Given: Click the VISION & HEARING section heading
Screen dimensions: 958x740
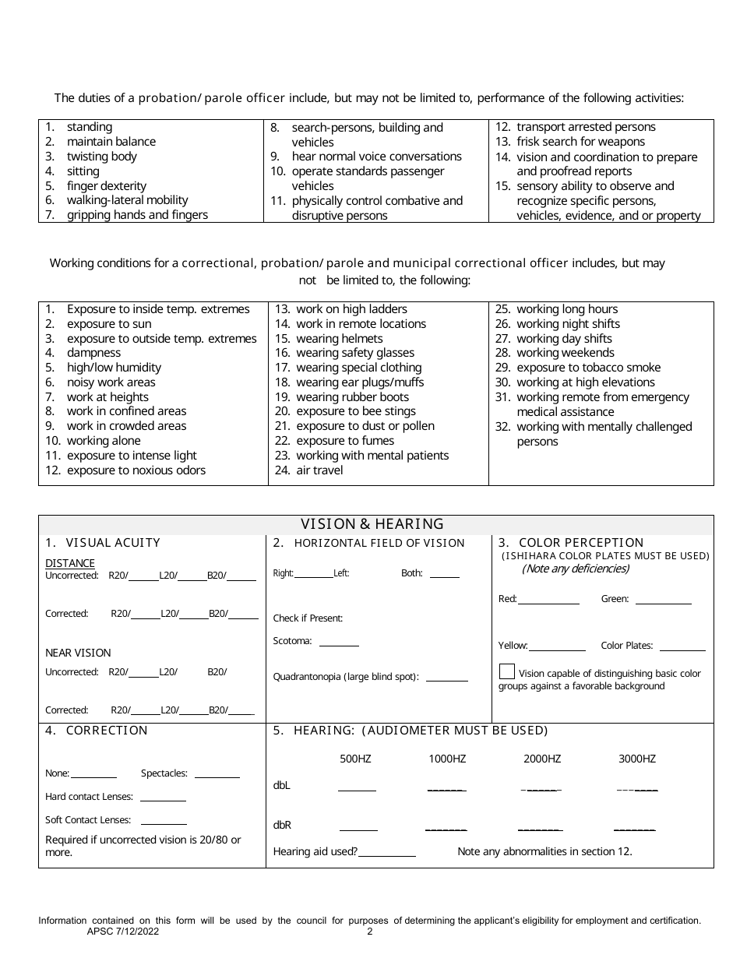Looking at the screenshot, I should point(372,524).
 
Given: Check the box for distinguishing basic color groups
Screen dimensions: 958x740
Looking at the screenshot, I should point(506,671).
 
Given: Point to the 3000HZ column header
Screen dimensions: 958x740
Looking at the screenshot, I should point(636,759).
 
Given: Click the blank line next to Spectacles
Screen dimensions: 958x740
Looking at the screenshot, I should point(217,776).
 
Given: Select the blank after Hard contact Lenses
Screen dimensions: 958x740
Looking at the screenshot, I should point(163,799).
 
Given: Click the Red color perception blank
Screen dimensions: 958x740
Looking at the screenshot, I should point(548,601).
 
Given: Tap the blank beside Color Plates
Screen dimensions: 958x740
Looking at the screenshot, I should point(682,648).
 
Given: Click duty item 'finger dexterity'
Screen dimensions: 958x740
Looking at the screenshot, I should point(106,186).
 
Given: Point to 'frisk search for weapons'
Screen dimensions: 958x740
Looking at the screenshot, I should point(580,142).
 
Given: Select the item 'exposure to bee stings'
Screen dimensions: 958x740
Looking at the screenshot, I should point(356,411).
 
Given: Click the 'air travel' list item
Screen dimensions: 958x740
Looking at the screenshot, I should point(319,470).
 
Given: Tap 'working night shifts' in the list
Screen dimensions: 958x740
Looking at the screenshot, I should point(568,324).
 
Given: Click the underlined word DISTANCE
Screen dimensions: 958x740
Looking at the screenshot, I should point(70,563).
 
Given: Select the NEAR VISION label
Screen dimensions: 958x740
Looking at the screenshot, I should point(78,653).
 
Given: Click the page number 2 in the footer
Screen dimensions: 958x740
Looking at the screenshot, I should point(370,932).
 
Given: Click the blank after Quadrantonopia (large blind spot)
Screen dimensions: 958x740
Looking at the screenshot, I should point(447,679).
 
